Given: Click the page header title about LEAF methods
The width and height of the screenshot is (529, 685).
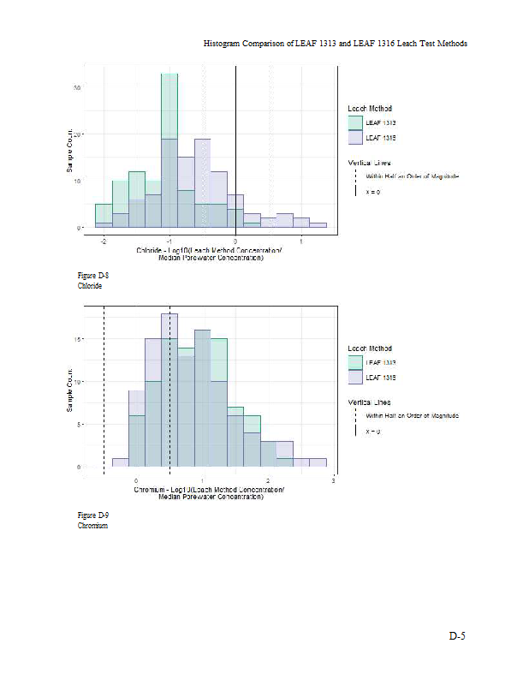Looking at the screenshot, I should point(335,43).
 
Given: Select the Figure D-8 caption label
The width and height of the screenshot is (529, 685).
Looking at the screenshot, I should point(93,277).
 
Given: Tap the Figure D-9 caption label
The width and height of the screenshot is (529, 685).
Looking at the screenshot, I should point(93,515).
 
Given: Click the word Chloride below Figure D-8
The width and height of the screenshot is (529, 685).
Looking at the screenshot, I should point(90,286).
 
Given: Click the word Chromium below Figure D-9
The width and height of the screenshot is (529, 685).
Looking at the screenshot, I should point(92,526).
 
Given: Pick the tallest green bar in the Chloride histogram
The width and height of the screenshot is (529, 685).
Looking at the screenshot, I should point(169,146).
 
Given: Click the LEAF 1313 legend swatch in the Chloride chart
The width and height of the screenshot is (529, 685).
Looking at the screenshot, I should point(355,123).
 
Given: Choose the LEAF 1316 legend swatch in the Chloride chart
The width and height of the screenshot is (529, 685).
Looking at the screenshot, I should point(355,137).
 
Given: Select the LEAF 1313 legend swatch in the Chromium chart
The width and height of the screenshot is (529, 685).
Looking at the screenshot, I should point(355,363).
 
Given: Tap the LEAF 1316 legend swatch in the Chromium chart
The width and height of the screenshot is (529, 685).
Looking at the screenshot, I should point(355,377).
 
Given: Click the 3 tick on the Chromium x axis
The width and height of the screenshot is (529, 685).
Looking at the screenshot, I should point(333,482).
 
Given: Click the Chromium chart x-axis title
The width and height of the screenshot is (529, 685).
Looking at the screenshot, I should point(222,493).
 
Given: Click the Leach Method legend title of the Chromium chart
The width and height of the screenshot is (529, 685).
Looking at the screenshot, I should point(370,348).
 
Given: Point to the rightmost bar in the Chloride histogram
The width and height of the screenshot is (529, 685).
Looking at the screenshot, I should point(318,225).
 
